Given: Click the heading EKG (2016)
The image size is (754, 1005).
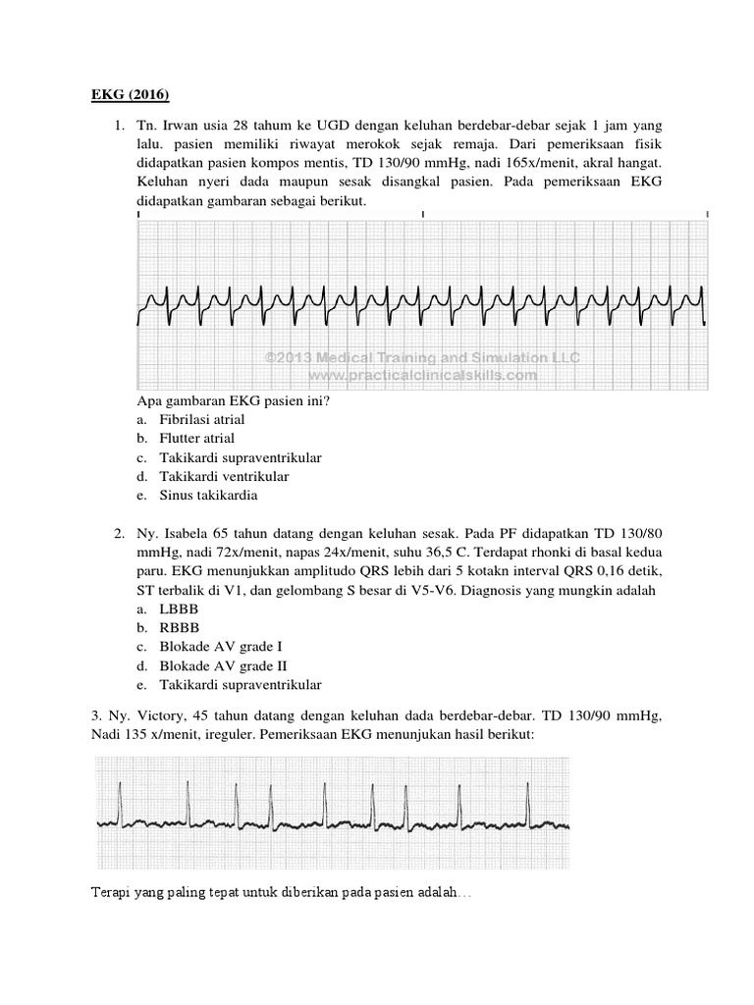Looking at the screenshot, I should click(124, 95).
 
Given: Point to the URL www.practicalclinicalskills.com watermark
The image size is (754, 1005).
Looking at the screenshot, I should click(423, 374).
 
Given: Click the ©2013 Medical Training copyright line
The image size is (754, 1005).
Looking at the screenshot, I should click(423, 357).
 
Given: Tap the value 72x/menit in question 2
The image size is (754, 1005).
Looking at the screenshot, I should click(257, 553).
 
